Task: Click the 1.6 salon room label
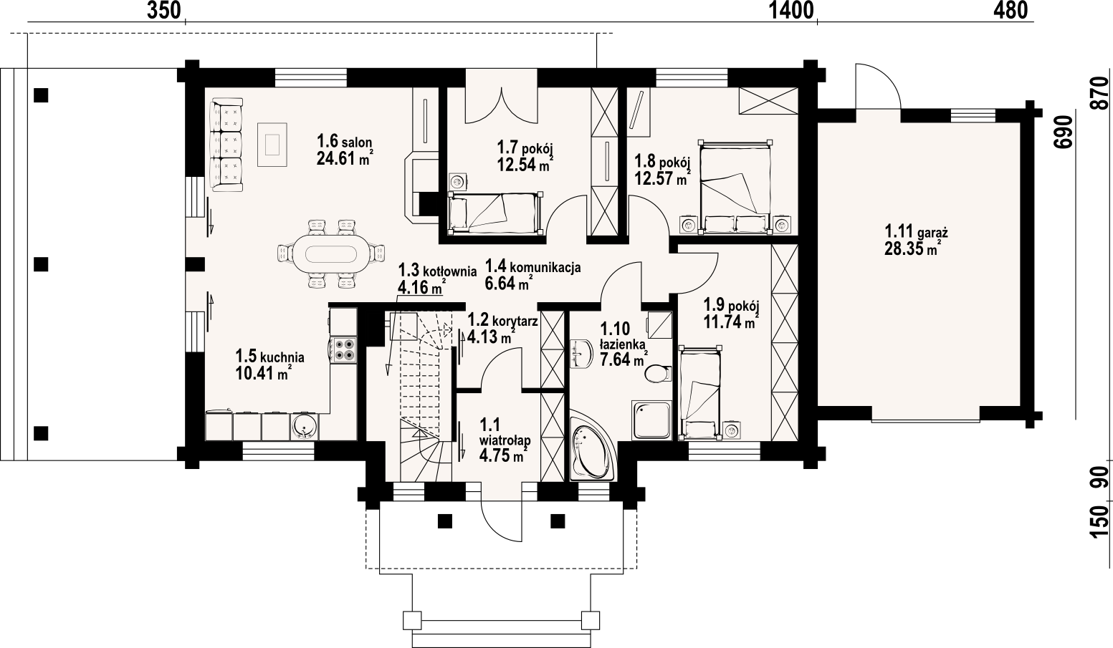[x=344, y=141]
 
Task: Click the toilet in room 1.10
[x=658, y=374]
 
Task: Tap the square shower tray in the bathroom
[x=651, y=420]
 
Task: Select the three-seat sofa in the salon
[x=226, y=145]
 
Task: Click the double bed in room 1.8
[x=735, y=187]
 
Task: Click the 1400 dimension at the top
[x=791, y=11]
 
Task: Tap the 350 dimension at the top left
[x=164, y=11]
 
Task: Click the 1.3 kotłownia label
[x=437, y=271]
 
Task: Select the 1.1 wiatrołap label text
[x=505, y=432]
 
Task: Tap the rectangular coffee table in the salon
[x=272, y=145]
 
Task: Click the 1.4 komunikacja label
[x=532, y=266]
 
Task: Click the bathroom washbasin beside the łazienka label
[x=581, y=354]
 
